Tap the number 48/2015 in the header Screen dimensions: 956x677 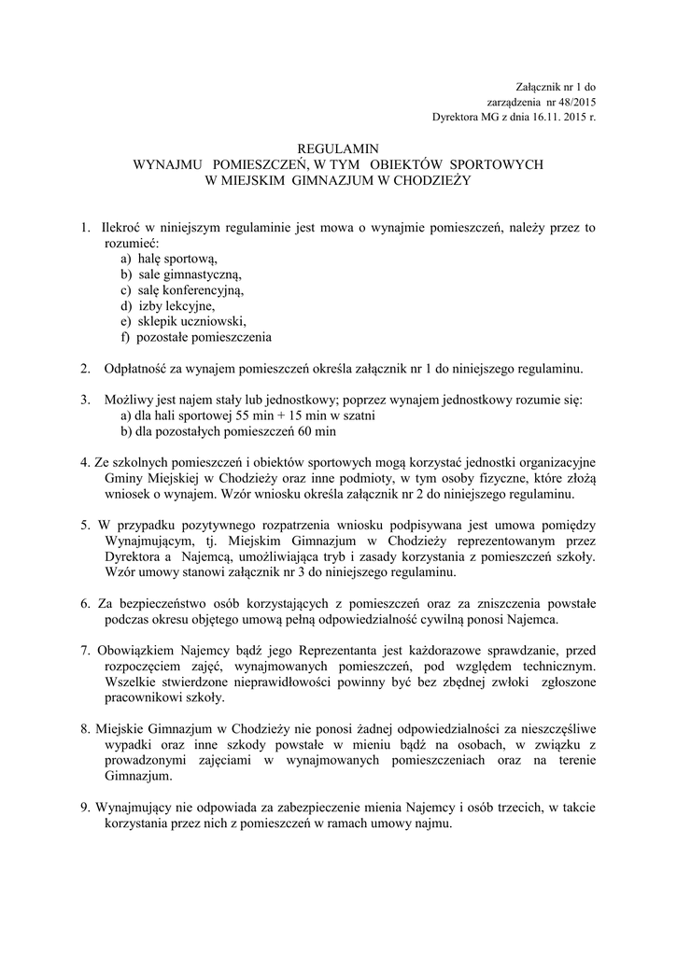point(576,102)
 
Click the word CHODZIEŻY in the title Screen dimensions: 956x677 point(426,180)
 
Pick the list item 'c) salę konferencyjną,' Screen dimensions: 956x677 point(182,290)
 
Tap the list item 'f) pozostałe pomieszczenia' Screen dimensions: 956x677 point(195,337)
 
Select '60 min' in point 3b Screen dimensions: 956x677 point(317,431)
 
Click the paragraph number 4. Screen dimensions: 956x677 point(85,463)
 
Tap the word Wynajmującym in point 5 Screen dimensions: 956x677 point(148,541)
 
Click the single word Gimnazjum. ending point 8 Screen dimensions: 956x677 point(139,776)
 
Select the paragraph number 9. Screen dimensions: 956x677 point(85,808)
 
